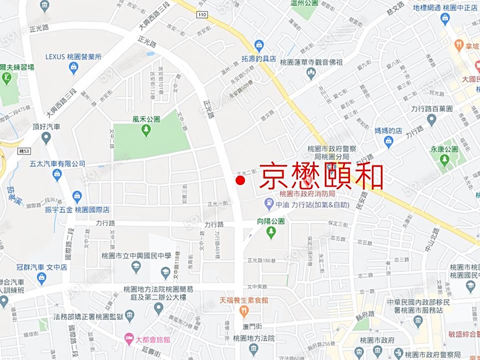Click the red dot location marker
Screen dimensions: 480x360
240,181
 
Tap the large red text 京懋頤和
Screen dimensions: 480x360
321,175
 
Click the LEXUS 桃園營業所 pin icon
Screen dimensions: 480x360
74,67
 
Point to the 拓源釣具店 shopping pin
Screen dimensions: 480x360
259,45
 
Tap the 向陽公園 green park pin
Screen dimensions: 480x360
271,231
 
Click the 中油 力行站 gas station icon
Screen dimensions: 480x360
269,203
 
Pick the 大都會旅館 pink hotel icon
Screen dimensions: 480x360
129,339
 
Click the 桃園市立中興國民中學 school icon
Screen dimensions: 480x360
136,266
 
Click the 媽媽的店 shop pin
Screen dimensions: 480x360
388,141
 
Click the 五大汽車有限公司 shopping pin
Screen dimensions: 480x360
57,174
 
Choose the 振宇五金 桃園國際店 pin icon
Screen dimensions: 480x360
77,197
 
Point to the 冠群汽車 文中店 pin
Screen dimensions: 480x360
42,278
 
